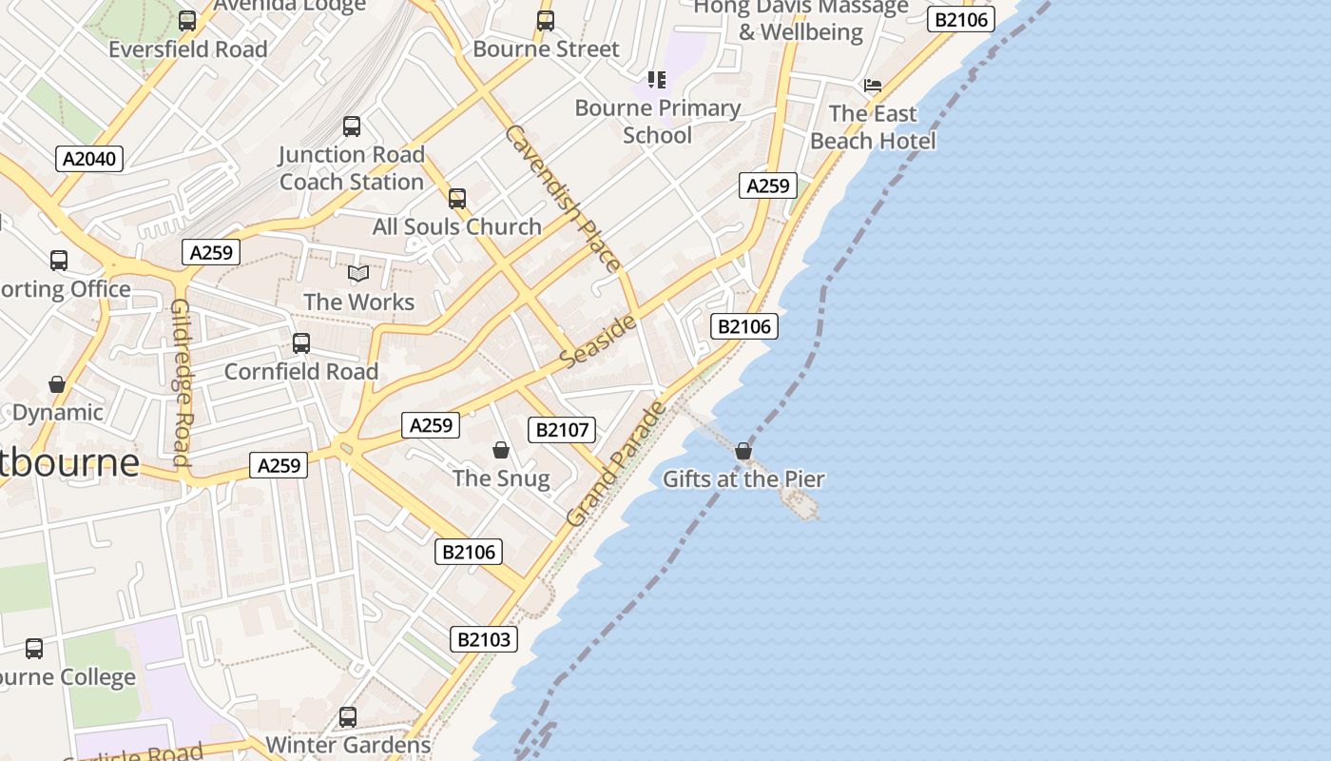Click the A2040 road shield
coord(89,159)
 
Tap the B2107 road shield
coord(563,430)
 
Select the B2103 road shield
coord(484,639)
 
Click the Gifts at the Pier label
coord(743,478)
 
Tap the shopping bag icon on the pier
coord(743,451)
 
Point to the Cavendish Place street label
coord(564,199)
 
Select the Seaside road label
coord(598,341)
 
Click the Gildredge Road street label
coord(182,382)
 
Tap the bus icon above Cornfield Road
coord(301,343)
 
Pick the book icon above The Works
coord(358,274)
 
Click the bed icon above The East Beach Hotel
coord(873,86)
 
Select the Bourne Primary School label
coord(657,122)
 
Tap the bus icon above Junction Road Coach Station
coord(352,126)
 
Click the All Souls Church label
coord(456,226)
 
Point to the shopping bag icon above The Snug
coord(501,450)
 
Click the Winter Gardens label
coord(348,744)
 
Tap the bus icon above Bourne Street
coord(546,21)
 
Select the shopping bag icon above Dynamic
coord(57,384)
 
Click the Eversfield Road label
coord(188,49)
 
